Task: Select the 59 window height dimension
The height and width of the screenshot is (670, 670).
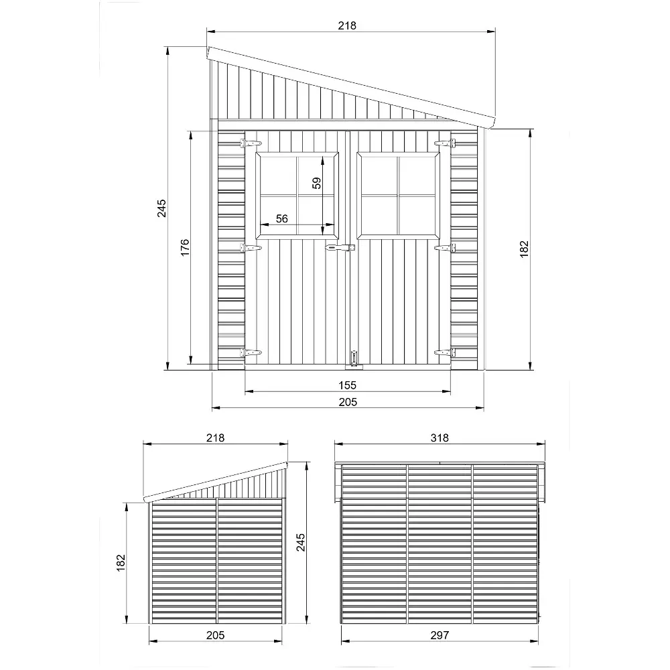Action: [318, 183]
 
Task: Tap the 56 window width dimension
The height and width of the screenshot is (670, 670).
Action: [281, 218]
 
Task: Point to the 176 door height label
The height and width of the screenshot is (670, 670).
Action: [185, 247]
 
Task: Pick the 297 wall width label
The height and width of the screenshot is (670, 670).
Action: [440, 635]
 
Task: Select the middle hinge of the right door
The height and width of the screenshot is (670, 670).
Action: [445, 248]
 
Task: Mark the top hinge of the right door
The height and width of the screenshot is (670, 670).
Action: [445, 143]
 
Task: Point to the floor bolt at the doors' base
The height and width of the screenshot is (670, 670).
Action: [352, 358]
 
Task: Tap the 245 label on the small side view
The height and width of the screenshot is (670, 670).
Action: [300, 542]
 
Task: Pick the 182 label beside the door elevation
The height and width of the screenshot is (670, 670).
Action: [524, 249]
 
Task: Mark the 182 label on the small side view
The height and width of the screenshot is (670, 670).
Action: [121, 562]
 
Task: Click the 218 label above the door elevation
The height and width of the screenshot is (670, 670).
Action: [347, 25]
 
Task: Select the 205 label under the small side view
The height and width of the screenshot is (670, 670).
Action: [215, 635]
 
